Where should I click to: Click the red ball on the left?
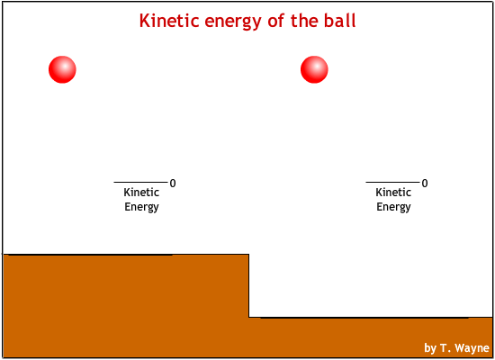point(62,69)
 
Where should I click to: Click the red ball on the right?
point(314,69)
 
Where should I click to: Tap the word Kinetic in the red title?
point(169,21)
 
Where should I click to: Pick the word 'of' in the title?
point(276,21)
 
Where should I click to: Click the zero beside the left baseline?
point(173,184)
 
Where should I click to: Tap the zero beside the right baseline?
point(425,184)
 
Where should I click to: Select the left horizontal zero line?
point(140,182)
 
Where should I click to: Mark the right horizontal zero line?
point(392,182)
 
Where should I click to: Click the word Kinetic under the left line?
point(141,192)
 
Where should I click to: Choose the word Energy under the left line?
point(141,207)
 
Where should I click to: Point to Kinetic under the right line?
point(393,192)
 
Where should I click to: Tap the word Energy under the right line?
point(393,207)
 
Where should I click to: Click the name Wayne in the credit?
point(472,348)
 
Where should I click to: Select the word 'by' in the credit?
point(430,348)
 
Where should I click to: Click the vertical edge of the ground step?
point(248,286)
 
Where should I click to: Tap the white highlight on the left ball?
point(65,67)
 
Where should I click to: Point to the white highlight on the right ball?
point(316,67)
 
